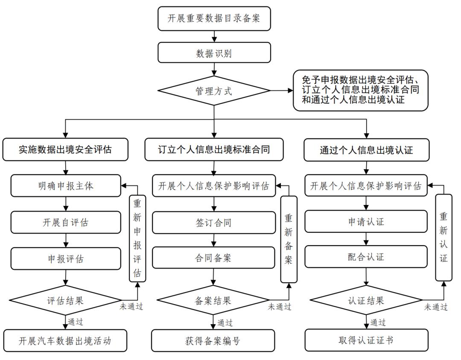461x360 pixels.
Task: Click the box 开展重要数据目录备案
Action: (x=214, y=19)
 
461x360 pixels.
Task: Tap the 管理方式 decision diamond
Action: (x=214, y=91)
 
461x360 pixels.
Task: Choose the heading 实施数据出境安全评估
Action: (x=65, y=150)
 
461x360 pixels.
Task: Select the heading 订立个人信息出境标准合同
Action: (x=214, y=150)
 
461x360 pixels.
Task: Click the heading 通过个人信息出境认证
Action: (x=366, y=150)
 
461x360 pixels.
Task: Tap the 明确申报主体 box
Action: (x=65, y=186)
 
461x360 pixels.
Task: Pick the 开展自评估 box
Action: (x=65, y=222)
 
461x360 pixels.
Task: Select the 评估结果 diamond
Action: (x=65, y=300)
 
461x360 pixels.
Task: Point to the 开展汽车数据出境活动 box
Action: (x=65, y=340)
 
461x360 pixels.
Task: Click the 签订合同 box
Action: (x=214, y=222)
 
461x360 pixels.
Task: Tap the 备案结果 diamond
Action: (x=214, y=300)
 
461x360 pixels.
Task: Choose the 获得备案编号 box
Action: (x=214, y=340)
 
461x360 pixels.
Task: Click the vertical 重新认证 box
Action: (x=443, y=237)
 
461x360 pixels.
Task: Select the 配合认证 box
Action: (x=366, y=257)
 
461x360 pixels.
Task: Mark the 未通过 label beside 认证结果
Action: (x=435, y=307)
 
